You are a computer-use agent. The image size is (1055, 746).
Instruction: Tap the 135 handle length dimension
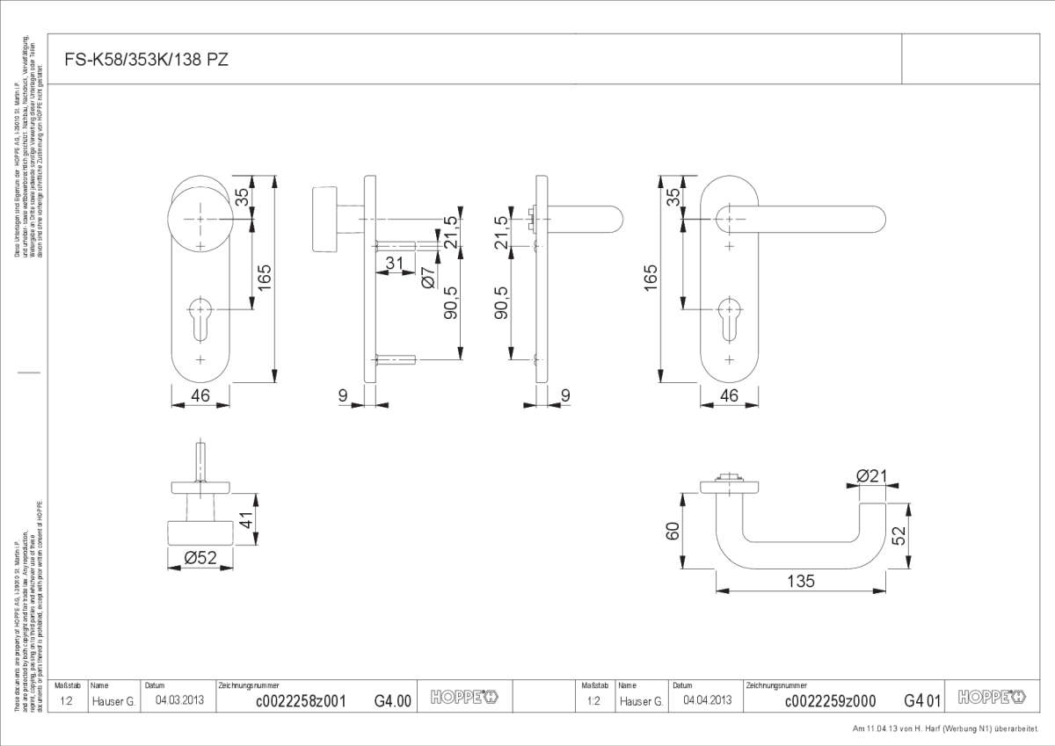801,581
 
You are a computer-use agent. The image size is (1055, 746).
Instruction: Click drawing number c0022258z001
300,701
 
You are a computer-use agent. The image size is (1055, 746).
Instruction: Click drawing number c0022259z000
829,701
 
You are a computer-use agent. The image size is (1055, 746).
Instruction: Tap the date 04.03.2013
178,701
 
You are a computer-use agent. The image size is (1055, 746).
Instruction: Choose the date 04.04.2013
708,701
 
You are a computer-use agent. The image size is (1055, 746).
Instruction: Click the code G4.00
392,701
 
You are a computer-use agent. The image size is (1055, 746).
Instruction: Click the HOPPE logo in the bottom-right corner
991,698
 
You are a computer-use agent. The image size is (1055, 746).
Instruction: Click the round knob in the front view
200,220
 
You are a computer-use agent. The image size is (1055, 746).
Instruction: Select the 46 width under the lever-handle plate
729,395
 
